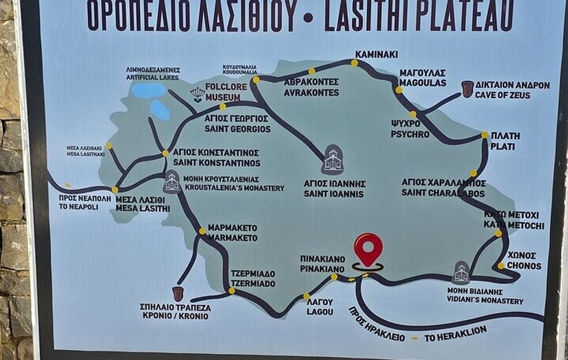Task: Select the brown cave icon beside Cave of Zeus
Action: tap(468, 89)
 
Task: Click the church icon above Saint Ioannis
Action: tap(333, 160)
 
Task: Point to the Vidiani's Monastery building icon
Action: tap(461, 272)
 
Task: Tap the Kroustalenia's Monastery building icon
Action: tap(172, 182)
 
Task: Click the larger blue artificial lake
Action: tap(149, 90)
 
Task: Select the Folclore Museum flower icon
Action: tap(197, 95)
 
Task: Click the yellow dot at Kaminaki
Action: tap(354, 63)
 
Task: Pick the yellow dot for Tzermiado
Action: tap(231, 291)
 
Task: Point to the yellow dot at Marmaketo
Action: tap(202, 231)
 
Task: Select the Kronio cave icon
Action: tap(178, 294)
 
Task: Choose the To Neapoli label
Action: tap(79, 202)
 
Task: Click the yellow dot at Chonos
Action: tap(501, 266)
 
